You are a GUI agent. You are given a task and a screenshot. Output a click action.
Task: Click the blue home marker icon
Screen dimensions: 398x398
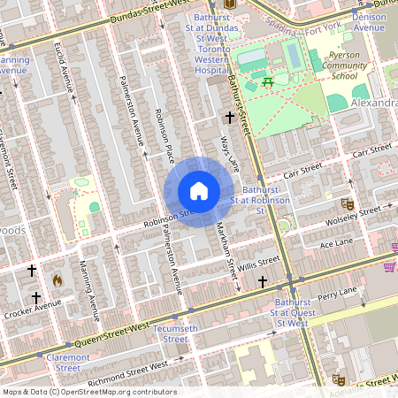coord(199,191)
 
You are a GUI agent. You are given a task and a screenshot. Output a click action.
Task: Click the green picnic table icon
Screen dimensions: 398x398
coord(267,82)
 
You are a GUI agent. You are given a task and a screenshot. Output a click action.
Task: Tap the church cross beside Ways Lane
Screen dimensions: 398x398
coord(230,117)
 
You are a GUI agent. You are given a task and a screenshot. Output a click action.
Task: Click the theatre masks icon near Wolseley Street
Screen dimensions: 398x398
coord(348,203)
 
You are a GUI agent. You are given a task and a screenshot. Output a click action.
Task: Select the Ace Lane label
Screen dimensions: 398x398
coord(336,242)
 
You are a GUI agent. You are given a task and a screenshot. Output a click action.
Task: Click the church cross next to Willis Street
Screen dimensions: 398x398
coord(262,281)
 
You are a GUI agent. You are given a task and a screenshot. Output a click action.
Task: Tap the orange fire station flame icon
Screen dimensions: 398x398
coord(57,279)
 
